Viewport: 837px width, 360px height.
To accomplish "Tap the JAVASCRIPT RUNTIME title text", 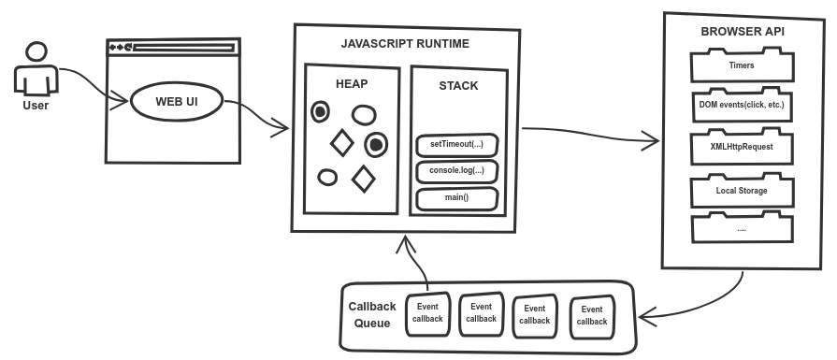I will coord(406,44).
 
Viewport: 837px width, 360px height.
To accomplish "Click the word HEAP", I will coord(352,84).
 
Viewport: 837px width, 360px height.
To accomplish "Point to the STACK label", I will coord(458,86).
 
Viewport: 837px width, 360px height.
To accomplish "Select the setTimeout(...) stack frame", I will coord(456,146).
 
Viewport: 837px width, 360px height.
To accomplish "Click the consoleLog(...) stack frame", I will coord(456,172).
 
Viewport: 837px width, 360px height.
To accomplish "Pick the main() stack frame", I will coord(456,198).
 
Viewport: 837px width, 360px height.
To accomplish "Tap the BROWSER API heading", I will coord(743,32).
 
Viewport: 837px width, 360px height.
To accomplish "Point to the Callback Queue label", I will coord(372,315).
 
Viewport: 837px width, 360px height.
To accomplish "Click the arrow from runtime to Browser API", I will coord(589,137).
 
